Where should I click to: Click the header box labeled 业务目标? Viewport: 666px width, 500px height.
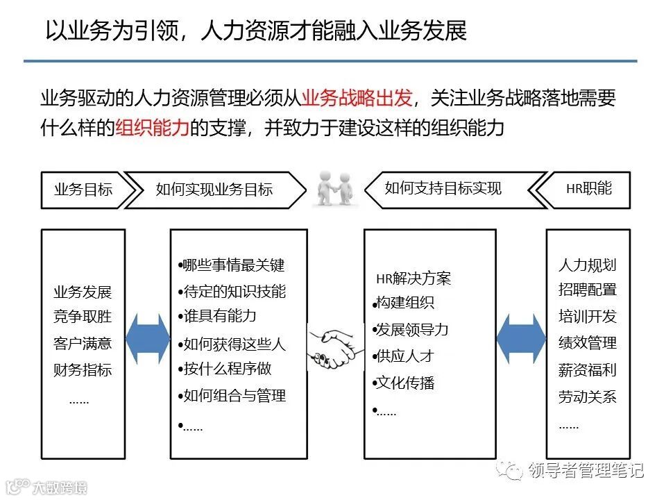click(83, 190)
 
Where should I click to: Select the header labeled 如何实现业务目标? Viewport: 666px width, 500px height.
click(214, 190)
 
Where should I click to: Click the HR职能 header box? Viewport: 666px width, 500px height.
click(589, 188)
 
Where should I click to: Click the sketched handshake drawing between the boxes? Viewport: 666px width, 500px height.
click(336, 347)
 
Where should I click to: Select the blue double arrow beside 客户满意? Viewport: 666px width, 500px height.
click(147, 342)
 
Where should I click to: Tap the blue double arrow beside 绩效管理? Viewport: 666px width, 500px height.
click(521, 342)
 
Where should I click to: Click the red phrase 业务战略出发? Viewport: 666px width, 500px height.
click(358, 99)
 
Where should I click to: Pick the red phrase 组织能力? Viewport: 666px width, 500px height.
click(152, 128)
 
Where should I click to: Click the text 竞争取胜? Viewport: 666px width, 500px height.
click(83, 317)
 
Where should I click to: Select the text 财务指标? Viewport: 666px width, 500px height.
click(83, 369)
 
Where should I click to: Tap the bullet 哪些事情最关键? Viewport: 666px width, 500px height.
click(232, 265)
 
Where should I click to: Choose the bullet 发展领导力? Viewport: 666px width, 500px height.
click(412, 329)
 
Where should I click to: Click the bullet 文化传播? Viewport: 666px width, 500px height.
click(405, 383)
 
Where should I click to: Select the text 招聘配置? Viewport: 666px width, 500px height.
click(588, 290)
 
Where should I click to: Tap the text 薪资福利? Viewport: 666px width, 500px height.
click(588, 370)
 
